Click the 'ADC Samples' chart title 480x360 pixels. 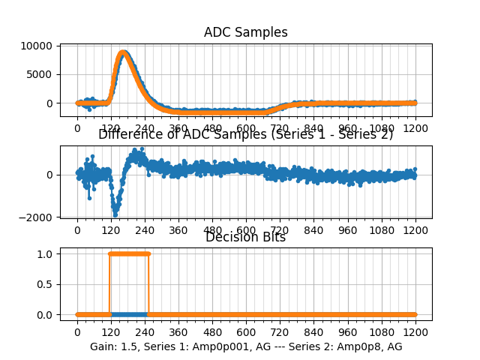click(245, 32)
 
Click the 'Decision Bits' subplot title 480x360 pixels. click(245, 237)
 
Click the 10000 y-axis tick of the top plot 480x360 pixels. click(37, 46)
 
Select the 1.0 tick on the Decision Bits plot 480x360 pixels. click(45, 253)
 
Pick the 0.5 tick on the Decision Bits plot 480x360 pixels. click(45, 284)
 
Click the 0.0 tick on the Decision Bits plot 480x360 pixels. click(45, 314)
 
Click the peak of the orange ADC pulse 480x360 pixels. click(123, 52)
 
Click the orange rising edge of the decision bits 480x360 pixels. click(110, 284)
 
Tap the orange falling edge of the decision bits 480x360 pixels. click(148, 284)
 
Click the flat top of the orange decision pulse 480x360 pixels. click(129, 253)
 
